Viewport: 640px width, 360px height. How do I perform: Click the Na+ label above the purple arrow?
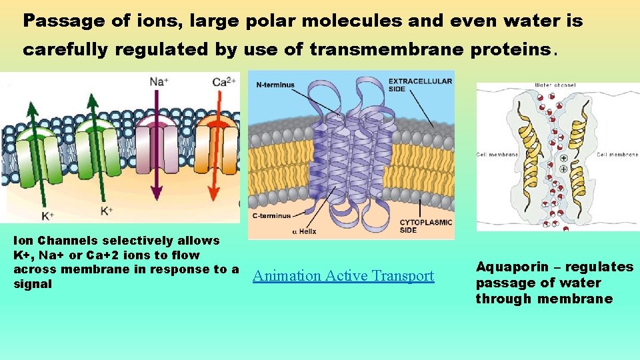click(x=158, y=82)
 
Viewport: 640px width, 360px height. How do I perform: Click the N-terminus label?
click(x=275, y=85)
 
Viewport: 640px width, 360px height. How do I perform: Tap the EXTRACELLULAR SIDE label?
click(x=420, y=85)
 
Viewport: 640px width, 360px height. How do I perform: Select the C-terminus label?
click(x=271, y=215)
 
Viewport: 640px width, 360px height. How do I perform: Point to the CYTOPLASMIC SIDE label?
click(x=425, y=226)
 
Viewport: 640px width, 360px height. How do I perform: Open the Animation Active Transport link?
click(x=343, y=276)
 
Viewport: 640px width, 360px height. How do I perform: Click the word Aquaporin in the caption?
click(x=508, y=267)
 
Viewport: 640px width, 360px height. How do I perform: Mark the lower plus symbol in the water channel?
click(x=564, y=170)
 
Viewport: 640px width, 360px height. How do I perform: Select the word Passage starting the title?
click(x=55, y=21)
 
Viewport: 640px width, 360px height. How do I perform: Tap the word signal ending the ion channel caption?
click(x=33, y=284)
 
